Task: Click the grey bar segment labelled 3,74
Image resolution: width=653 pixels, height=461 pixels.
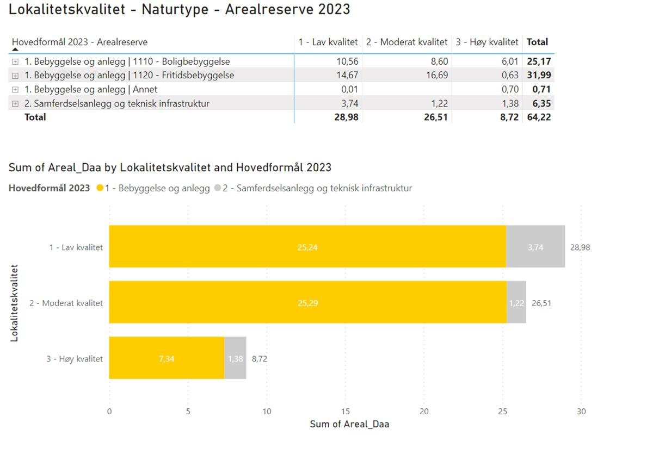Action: click(535, 247)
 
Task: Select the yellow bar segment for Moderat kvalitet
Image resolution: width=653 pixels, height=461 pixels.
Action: click(307, 303)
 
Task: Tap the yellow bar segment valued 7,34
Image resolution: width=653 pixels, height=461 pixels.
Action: click(167, 358)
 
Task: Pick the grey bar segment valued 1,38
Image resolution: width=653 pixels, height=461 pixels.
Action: click(235, 358)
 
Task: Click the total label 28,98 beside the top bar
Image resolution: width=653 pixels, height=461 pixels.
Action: click(580, 247)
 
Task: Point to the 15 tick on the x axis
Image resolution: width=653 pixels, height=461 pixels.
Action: click(345, 412)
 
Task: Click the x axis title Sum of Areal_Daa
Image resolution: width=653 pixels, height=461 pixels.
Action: click(349, 424)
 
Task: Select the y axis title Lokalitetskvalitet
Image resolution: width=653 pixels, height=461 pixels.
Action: click(15, 303)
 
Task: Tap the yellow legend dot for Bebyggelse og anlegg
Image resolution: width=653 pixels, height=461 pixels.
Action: click(100, 188)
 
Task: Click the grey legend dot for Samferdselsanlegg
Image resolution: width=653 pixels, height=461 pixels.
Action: click(218, 188)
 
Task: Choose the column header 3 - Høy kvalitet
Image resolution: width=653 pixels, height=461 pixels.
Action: click(487, 42)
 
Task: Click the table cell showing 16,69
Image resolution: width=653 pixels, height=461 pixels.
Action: click(437, 75)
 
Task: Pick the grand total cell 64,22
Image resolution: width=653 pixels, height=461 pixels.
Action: click(539, 117)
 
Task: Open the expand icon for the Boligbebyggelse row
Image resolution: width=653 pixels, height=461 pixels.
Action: click(15, 62)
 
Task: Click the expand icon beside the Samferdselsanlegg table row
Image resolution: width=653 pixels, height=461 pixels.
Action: click(15, 104)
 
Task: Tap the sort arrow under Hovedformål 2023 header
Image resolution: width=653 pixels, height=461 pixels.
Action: click(15, 49)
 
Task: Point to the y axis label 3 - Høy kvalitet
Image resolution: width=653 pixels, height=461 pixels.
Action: click(75, 359)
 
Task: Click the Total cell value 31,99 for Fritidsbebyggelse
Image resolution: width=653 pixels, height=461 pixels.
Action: click(539, 75)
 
